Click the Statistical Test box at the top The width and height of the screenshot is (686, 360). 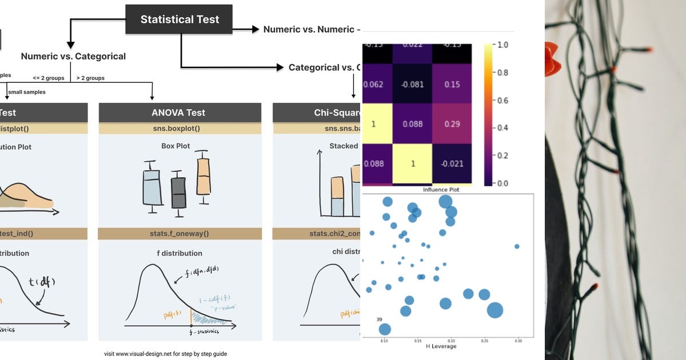(179, 19)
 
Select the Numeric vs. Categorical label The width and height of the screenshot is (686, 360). (73, 56)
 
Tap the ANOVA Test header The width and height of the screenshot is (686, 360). (180, 113)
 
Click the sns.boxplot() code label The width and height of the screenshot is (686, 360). (180, 129)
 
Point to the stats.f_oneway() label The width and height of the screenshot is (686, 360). (180, 233)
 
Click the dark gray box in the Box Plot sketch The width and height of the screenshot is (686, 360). (178, 193)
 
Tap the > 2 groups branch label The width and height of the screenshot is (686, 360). (90, 78)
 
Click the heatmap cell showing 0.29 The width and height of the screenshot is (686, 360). (452, 123)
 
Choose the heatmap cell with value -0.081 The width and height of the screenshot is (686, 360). (412, 85)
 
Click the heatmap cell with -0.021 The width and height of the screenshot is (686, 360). (452, 163)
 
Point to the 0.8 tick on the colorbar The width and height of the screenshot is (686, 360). (501, 73)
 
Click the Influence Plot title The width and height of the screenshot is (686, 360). (440, 190)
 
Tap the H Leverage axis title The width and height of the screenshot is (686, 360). (441, 346)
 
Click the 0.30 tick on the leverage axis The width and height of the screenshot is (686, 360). (518, 341)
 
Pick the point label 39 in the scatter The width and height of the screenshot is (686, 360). (379, 319)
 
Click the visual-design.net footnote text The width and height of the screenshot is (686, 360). (165, 354)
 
